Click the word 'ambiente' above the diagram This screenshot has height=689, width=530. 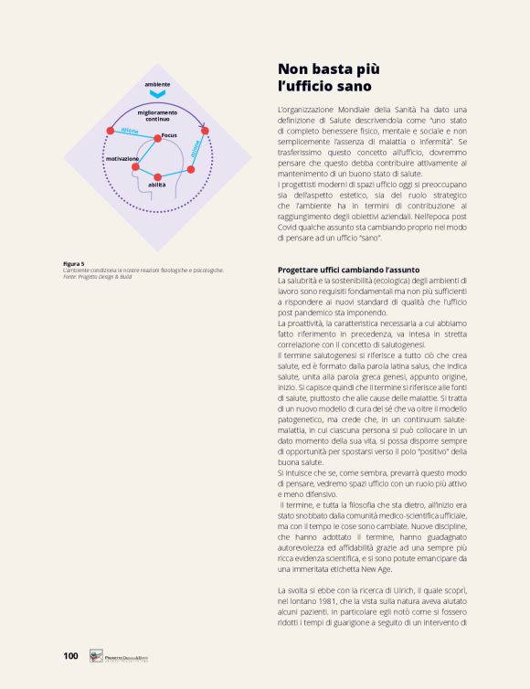pyautogui.click(x=157, y=84)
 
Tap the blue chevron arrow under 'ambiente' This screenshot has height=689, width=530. pyautogui.click(x=157, y=94)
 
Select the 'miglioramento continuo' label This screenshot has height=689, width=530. pyautogui.click(x=157, y=115)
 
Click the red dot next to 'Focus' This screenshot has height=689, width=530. pyautogui.click(x=158, y=138)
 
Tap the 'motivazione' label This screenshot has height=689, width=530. pyautogui.click(x=122, y=158)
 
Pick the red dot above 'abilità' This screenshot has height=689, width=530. pyautogui.click(x=158, y=175)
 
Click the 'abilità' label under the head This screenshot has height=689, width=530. pyautogui.click(x=157, y=185)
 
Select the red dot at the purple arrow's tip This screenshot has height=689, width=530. pyautogui.click(x=205, y=131)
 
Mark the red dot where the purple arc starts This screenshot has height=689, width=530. pyautogui.click(x=110, y=131)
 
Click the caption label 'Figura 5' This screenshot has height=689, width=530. pyautogui.click(x=74, y=263)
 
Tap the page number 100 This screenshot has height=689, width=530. pyautogui.click(x=70, y=655)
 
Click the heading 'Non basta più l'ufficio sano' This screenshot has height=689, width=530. pyautogui.click(x=324, y=77)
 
